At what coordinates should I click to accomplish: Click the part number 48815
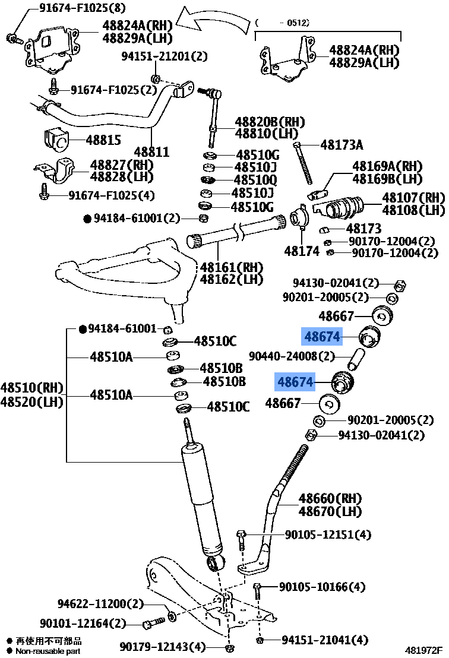pyautogui.click(x=103, y=141)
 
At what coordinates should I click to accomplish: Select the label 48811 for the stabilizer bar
pyautogui.click(x=151, y=152)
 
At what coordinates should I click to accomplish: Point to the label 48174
pyautogui.click(x=302, y=251)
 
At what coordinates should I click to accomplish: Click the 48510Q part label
pyautogui.click(x=255, y=180)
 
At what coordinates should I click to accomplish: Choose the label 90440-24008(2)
pyautogui.click(x=292, y=356)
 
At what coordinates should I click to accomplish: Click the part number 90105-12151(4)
pyautogui.click(x=327, y=535)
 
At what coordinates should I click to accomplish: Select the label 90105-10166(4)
pyautogui.click(x=322, y=587)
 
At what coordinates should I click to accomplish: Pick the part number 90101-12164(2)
pyautogui.click(x=83, y=624)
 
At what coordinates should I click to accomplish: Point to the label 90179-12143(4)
pyautogui.click(x=162, y=646)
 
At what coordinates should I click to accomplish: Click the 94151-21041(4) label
pyautogui.click(x=325, y=640)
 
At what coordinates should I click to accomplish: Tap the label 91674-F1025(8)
pyautogui.click(x=74, y=8)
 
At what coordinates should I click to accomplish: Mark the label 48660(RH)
pyautogui.click(x=330, y=498)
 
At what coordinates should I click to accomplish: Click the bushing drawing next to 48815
pyautogui.click(x=57, y=141)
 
